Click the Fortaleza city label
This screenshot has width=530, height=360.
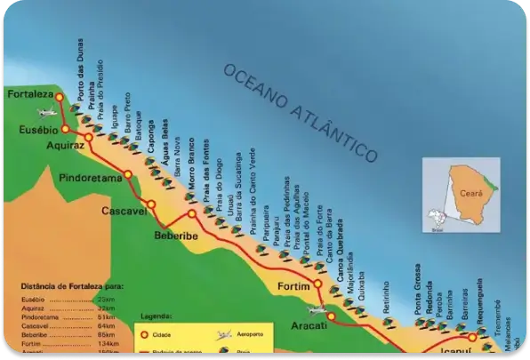point(28,93)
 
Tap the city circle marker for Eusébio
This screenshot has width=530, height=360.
point(64,129)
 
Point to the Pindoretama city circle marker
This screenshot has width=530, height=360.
point(129,174)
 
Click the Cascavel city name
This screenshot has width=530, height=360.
point(123,211)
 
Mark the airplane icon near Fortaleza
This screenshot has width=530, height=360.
point(45,112)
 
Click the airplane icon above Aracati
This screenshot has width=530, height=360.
point(317,309)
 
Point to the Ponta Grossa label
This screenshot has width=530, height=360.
point(418,285)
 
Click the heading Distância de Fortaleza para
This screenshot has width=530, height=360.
point(71,286)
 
